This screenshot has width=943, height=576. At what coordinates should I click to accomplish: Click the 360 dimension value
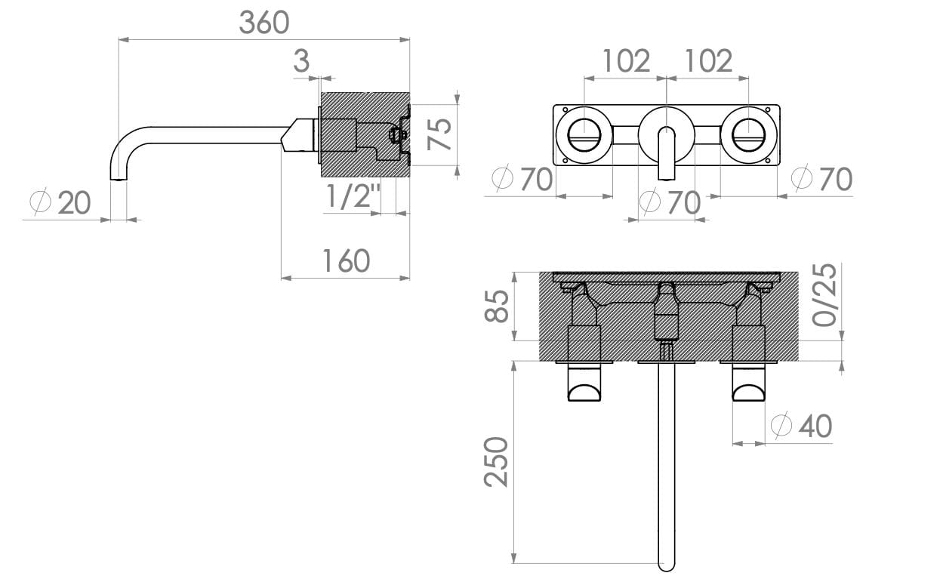[x=263, y=23]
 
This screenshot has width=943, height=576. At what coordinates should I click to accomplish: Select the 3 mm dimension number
[x=301, y=61]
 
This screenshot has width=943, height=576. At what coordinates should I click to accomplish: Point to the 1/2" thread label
[x=352, y=197]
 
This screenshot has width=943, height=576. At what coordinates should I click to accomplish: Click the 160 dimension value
[x=346, y=260]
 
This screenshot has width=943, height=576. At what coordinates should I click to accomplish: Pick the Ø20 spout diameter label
[x=60, y=202]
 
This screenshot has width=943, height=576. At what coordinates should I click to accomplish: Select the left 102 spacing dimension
[x=626, y=60]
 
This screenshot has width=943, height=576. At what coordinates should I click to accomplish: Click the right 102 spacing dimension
[x=707, y=60]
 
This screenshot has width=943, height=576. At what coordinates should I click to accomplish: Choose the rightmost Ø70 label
[x=821, y=179]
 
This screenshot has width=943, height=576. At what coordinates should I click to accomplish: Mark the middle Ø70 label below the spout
[x=670, y=202]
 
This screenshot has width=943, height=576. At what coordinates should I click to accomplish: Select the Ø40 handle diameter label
[x=801, y=426]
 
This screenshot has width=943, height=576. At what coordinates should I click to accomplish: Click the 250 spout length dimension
[x=497, y=461]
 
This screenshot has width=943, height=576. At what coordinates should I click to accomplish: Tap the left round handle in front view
[x=584, y=136]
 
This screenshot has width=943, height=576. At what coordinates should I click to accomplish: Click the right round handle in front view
[x=748, y=136]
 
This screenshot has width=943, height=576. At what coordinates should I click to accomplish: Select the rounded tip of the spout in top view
[x=667, y=562]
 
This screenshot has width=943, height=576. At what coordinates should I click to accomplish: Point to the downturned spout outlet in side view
[x=119, y=174]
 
